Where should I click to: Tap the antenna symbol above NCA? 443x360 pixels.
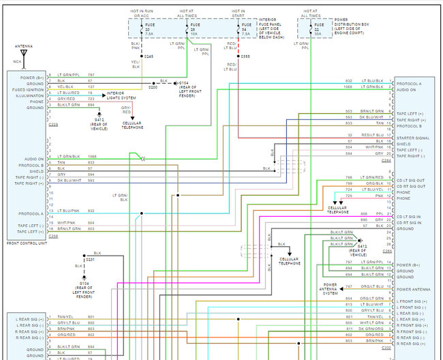[23, 53]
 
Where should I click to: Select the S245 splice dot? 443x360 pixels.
[142, 56]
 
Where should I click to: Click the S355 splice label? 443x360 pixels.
[245, 56]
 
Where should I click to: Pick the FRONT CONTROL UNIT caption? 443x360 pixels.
[25, 243]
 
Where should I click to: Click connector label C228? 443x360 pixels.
[52, 125]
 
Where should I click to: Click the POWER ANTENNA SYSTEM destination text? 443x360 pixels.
[330, 288]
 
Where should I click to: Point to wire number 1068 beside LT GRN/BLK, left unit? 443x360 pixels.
[91, 156]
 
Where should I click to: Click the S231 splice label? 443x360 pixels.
[89, 260]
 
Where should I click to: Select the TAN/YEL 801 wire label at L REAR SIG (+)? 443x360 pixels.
[66, 317]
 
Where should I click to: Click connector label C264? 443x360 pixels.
[386, 161]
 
